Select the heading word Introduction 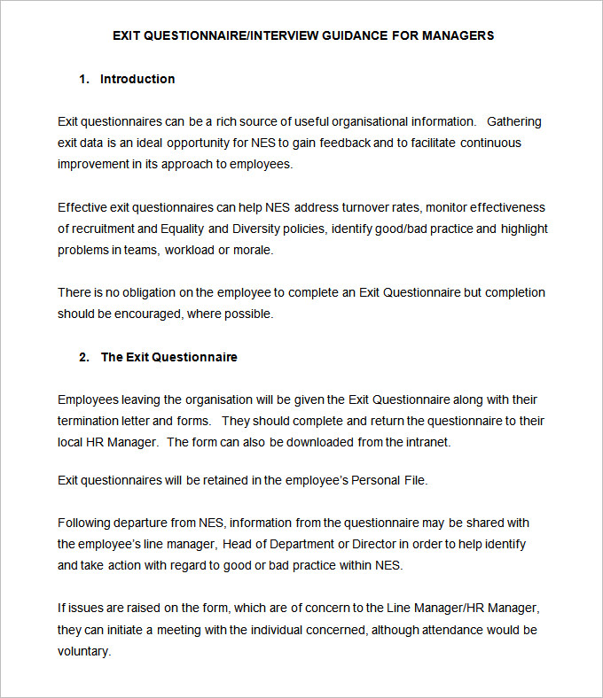pos(137,79)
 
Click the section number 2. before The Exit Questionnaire pos(84,357)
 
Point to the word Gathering pos(514,121)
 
